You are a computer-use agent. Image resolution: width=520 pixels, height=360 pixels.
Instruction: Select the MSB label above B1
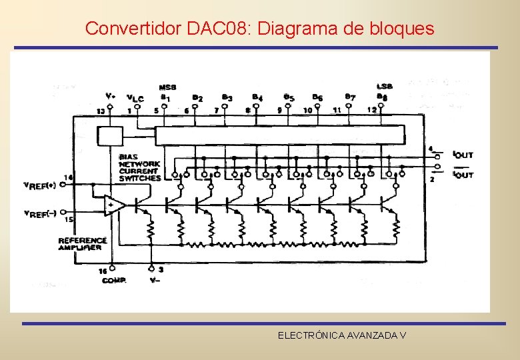point(167,87)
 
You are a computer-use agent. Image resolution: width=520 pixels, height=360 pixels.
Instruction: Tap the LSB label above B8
point(385,87)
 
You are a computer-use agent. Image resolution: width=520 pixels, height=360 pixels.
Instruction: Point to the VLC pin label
point(135,98)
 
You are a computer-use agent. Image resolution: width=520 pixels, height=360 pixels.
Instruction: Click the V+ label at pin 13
point(111,96)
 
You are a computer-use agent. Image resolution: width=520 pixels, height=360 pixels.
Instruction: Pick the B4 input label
point(257,97)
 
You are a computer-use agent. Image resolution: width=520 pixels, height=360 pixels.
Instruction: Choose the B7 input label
point(351,97)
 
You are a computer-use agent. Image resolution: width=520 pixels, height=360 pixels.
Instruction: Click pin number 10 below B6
point(307,110)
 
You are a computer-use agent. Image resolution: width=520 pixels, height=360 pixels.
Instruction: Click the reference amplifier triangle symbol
point(114,205)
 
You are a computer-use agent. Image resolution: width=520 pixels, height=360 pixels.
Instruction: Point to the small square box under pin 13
point(110,136)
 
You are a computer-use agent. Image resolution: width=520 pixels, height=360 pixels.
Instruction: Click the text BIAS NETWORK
point(139,160)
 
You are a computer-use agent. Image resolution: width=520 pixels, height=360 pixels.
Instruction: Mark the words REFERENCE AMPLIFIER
point(82,244)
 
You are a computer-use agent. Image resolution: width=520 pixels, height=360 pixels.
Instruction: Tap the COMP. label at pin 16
point(114,281)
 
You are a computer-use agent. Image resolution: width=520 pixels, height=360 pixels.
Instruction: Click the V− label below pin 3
point(155,281)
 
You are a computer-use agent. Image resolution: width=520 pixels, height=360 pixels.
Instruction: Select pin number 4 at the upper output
point(430,149)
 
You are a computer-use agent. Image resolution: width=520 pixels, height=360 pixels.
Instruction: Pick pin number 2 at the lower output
point(432,179)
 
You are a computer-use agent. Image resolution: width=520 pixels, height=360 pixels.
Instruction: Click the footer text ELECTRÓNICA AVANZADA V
point(342,335)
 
